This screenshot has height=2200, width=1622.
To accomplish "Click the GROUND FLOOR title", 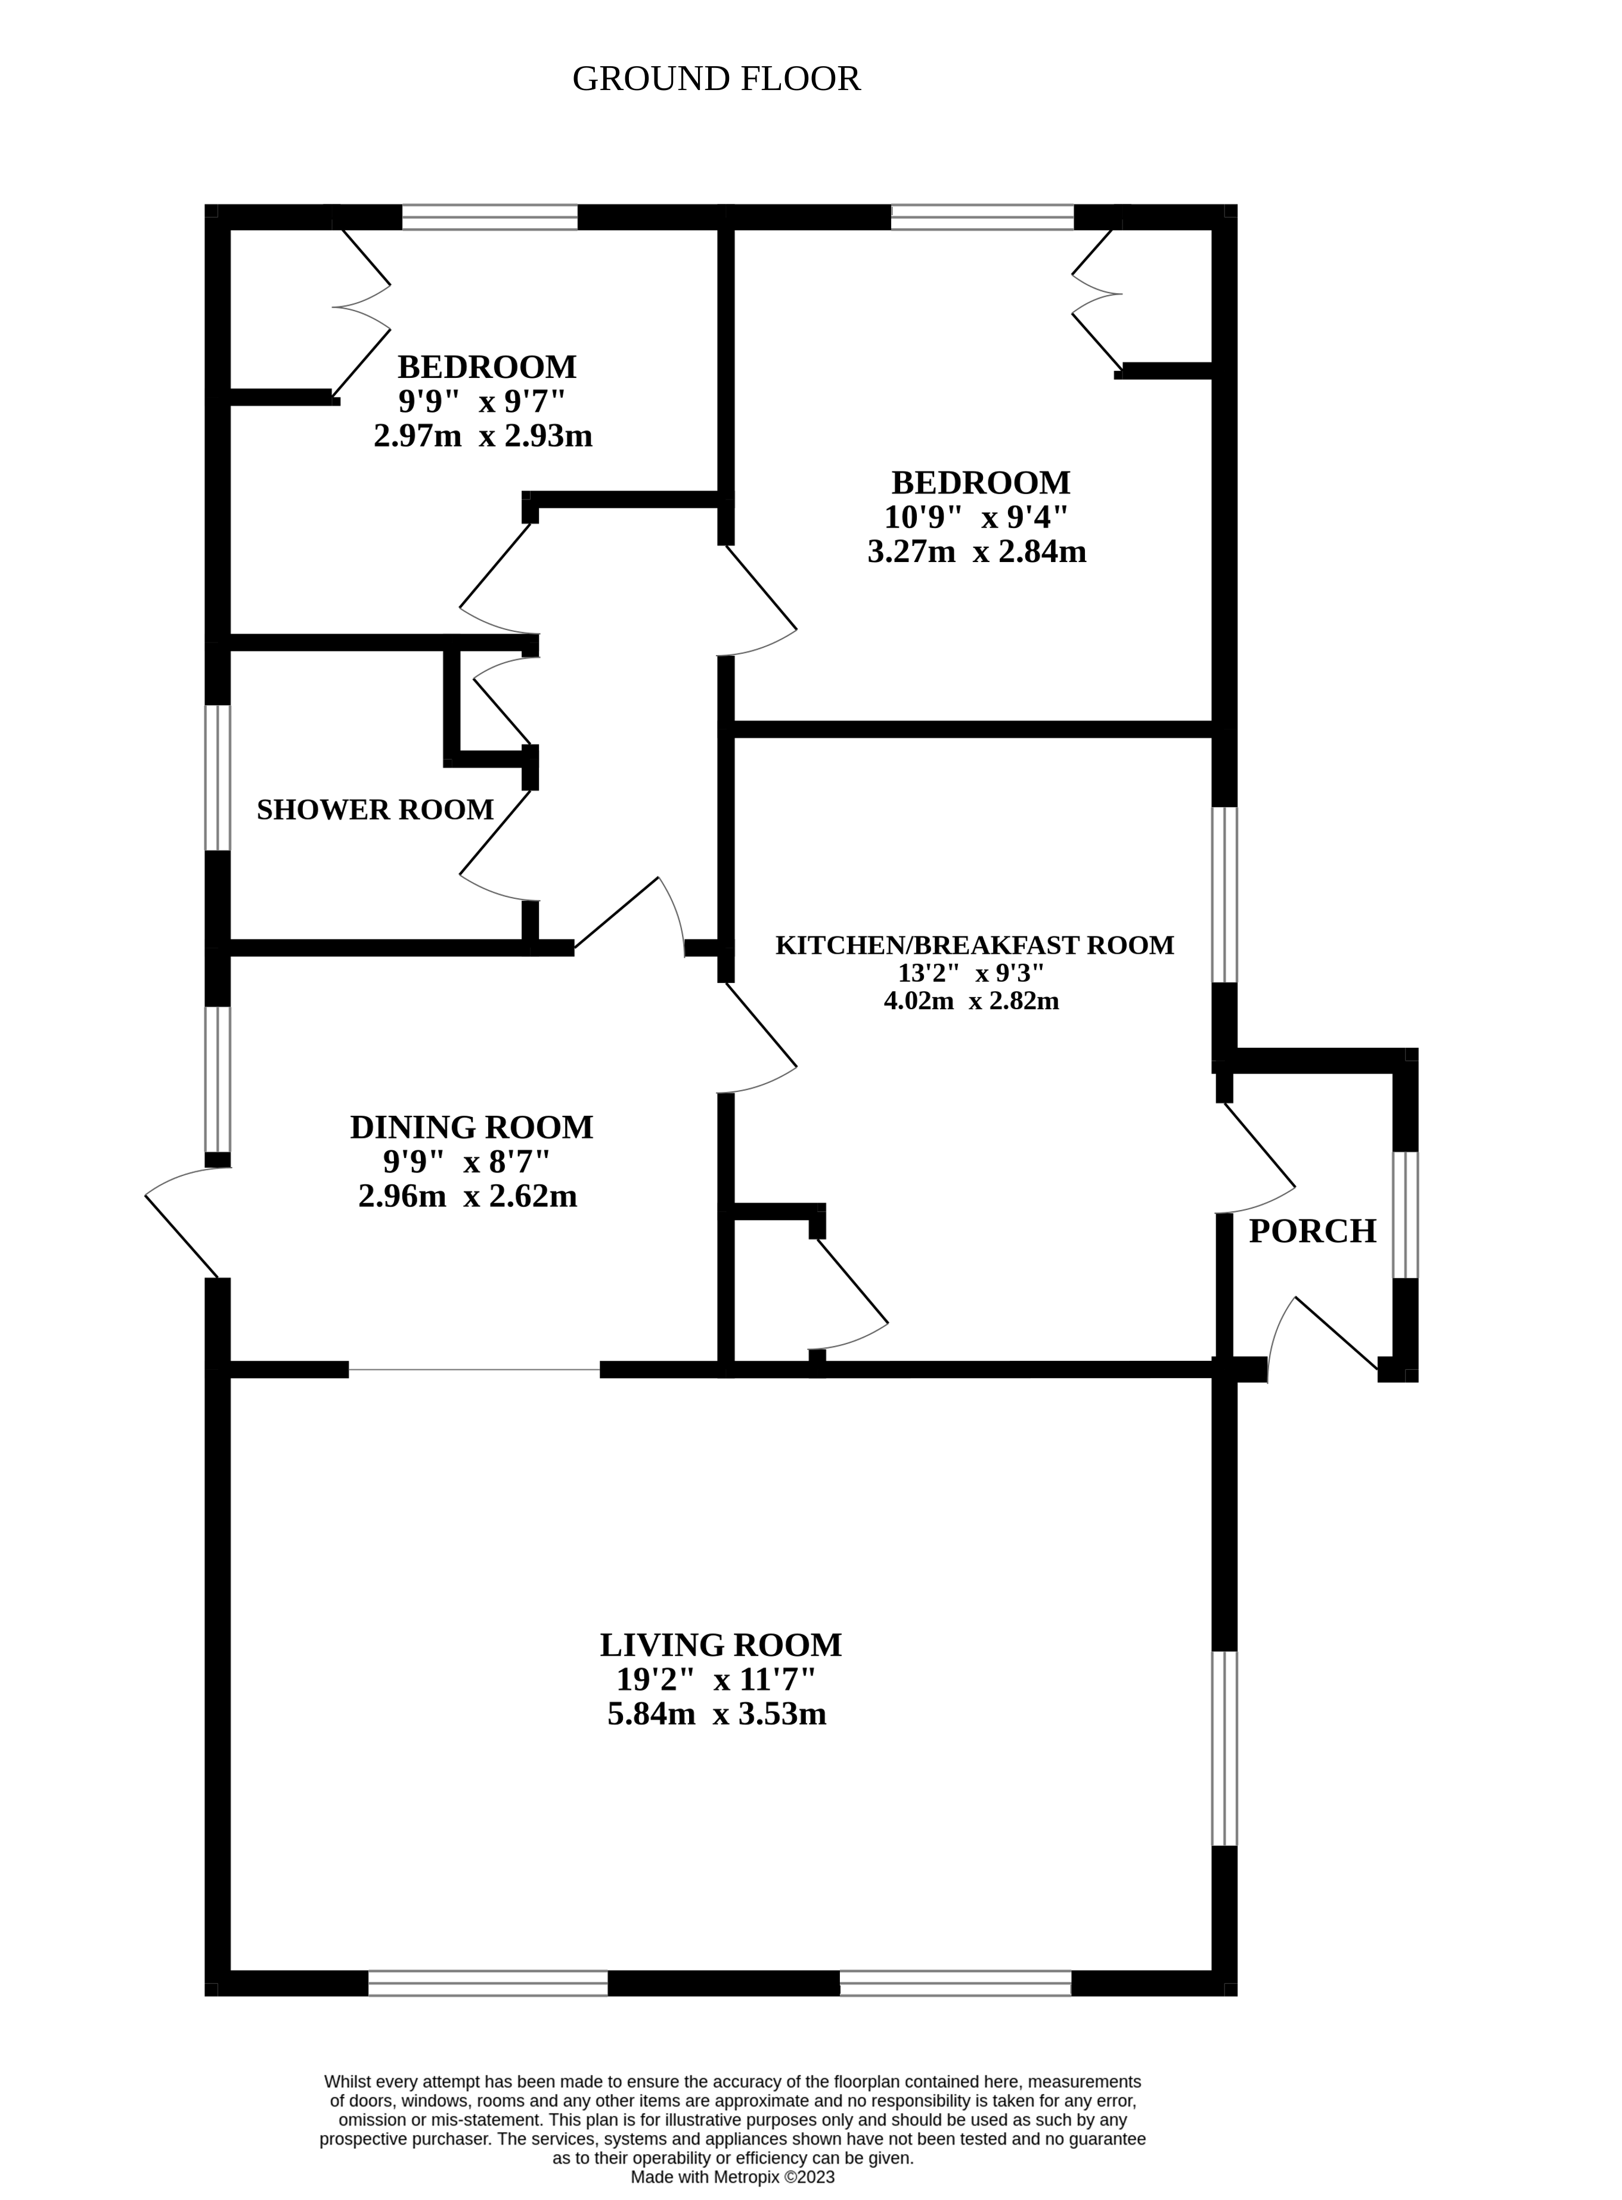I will [716, 79].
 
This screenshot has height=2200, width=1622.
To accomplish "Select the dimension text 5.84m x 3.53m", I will [717, 1714].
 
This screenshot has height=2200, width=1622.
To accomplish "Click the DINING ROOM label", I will [472, 1127].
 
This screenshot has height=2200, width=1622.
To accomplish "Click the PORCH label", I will [1312, 1231].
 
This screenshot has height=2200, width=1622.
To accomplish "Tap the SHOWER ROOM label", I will [375, 810].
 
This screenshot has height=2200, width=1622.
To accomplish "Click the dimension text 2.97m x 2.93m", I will [483, 436].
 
